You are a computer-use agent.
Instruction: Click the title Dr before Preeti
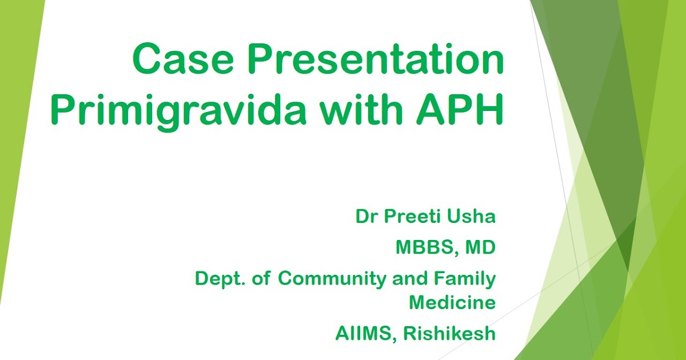pos(366,217)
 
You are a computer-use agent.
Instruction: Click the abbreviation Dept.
pos(218,279)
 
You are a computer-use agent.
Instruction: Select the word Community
pos(331,279)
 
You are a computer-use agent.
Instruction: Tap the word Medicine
pos(452,303)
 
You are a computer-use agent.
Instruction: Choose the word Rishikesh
pos(450,334)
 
